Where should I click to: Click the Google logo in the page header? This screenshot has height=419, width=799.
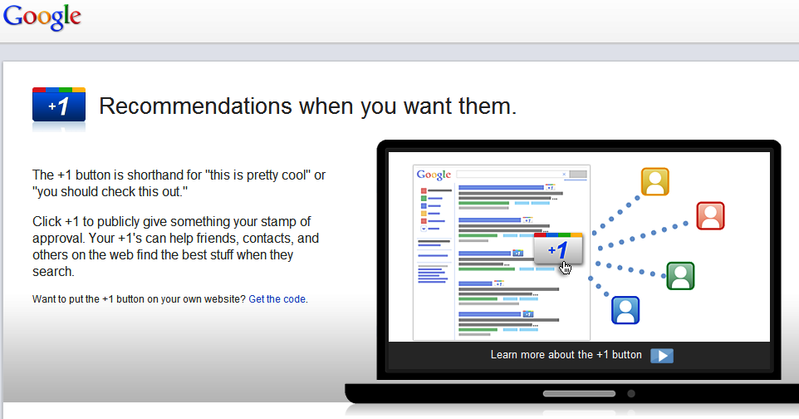click(x=42, y=17)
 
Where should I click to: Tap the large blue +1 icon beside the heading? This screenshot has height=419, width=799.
click(x=59, y=105)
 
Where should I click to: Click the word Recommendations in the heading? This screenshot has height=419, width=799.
click(x=196, y=106)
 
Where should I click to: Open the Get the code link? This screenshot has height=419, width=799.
click(x=277, y=299)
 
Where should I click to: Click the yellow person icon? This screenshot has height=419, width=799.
click(x=654, y=182)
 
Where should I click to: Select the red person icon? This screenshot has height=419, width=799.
click(x=710, y=216)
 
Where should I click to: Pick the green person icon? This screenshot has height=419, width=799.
click(x=680, y=275)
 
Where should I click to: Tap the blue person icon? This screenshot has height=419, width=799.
click(x=625, y=310)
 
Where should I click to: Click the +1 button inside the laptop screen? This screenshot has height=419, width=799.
click(x=558, y=249)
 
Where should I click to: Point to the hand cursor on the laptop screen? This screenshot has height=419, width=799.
click(x=566, y=268)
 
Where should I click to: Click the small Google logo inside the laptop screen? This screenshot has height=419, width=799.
click(x=434, y=175)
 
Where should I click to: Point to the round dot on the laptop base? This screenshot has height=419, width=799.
click(x=631, y=393)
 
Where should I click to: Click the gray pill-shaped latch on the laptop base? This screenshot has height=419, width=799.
click(x=579, y=393)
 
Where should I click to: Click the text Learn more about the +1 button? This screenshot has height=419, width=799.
click(x=566, y=355)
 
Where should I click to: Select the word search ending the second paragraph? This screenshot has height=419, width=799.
click(x=52, y=272)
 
